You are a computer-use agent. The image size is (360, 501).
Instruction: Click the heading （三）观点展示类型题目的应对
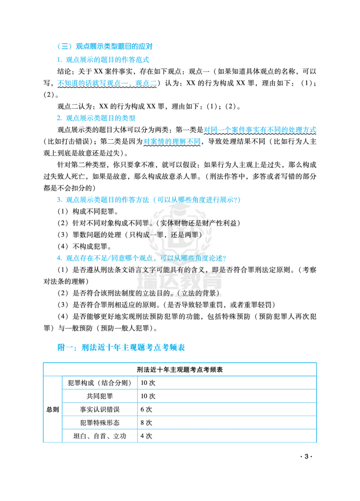104,46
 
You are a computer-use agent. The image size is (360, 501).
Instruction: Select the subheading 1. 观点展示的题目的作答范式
103,60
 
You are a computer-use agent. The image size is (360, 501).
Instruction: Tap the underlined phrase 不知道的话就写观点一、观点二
107,83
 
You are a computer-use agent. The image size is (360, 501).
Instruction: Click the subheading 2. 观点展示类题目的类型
96,118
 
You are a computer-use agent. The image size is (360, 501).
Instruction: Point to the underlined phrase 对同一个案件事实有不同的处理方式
260,130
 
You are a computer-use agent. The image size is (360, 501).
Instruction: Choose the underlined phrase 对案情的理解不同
172,142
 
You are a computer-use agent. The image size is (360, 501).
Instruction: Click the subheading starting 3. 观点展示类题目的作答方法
148,200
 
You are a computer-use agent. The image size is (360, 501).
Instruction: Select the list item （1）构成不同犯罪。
88,211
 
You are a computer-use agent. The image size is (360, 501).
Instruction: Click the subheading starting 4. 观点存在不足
141,258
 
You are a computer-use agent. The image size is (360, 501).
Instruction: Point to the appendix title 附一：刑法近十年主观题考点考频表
121,347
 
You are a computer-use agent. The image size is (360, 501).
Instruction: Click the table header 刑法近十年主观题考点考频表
180,370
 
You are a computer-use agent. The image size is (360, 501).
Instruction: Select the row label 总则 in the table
53,409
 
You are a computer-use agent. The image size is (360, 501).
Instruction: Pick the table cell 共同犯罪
100,396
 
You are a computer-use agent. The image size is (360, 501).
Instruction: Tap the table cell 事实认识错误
100,409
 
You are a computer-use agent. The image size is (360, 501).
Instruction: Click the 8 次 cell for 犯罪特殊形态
146,423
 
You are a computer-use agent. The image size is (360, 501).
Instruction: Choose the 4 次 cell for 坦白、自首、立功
146,436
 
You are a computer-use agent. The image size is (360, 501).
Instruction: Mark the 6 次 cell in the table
146,409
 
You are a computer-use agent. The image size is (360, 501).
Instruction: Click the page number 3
306,456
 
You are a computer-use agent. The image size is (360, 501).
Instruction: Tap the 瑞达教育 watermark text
180,281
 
